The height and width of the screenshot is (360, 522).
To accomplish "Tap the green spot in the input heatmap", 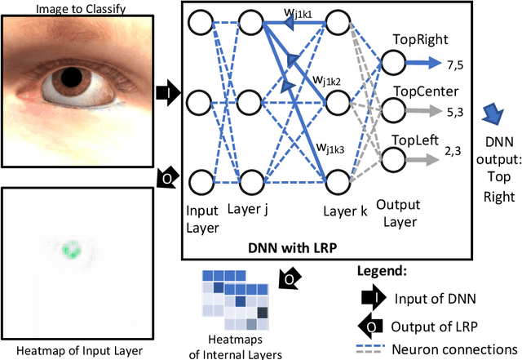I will pyautogui.click(x=71, y=247).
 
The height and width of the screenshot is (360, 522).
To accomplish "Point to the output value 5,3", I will pyautogui.click(x=453, y=107).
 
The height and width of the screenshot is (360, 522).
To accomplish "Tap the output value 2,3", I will pyautogui.click(x=453, y=151).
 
